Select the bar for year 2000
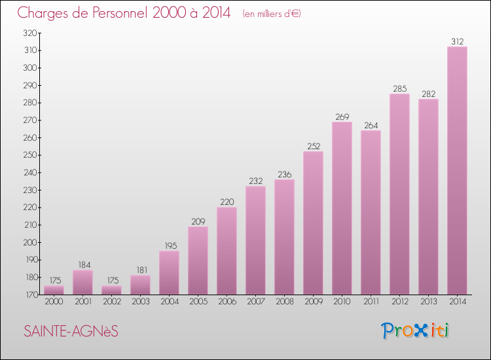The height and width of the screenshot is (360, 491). point(54,290)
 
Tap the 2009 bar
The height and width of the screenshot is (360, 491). point(313,223)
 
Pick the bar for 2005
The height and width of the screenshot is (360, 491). point(198,261)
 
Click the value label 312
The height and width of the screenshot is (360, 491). point(457,42)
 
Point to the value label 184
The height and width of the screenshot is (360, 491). point(82,265)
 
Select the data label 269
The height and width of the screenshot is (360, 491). point(342,117)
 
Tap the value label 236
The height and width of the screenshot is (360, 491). point(284,175)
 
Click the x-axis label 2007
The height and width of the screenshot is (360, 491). point(255,302)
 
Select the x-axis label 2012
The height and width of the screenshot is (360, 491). point(399,302)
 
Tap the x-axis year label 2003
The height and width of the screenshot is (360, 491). point(140,302)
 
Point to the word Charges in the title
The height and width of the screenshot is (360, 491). point(43,13)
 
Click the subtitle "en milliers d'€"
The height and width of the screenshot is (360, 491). point(271,14)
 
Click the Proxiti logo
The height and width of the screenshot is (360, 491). point(416,331)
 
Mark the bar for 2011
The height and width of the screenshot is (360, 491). point(371,212)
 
